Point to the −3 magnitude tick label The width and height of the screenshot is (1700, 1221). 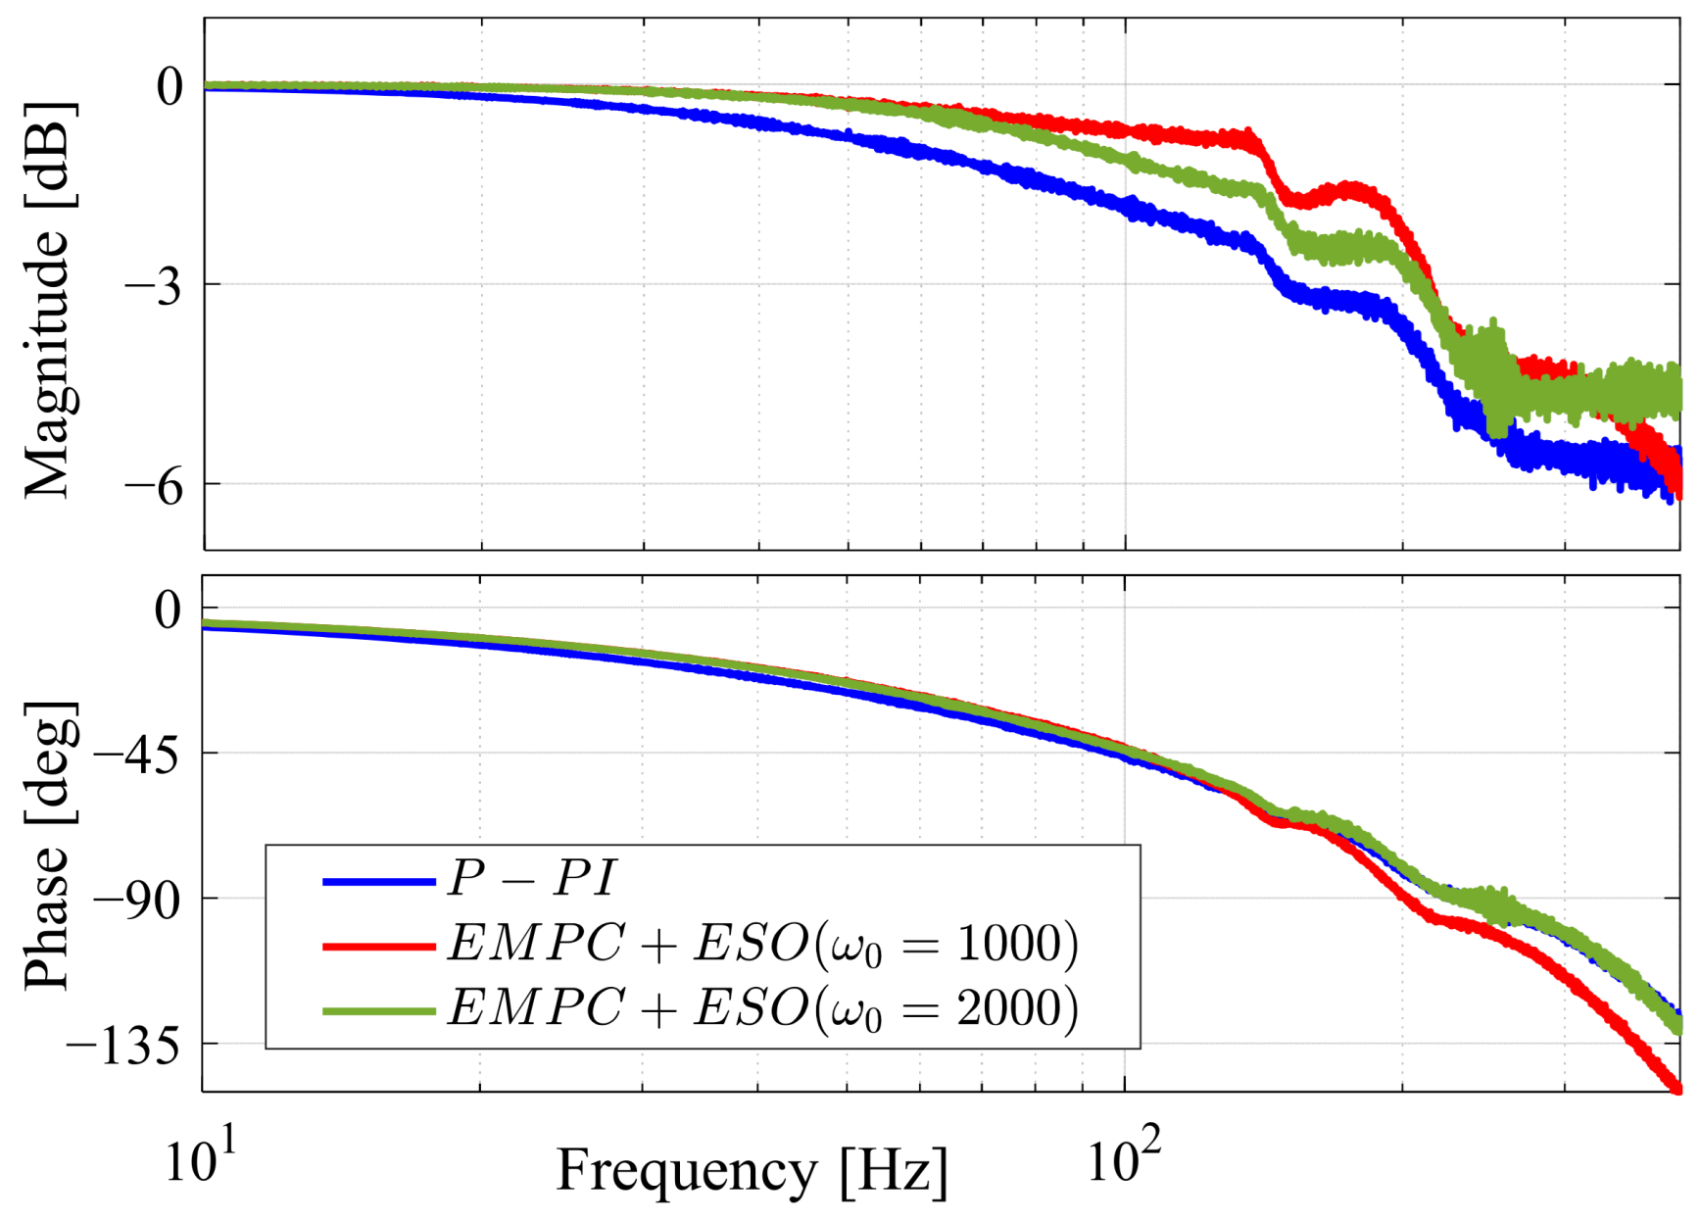click(155, 287)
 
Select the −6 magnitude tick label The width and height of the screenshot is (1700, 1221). click(155, 485)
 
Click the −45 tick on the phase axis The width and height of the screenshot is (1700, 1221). click(136, 755)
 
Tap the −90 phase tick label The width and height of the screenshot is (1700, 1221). click(136, 900)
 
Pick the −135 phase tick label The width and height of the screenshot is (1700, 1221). click(122, 1046)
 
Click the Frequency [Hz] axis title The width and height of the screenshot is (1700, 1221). click(753, 1170)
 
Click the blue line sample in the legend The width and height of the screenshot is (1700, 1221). click(378, 883)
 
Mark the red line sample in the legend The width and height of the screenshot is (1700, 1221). click(378, 947)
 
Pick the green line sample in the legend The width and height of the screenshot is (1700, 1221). click(378, 1010)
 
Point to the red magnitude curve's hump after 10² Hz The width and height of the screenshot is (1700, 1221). click(1352, 188)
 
